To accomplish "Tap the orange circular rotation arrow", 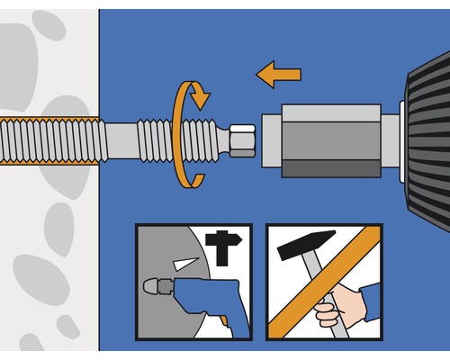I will [177, 135].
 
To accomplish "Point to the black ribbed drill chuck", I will [427, 135].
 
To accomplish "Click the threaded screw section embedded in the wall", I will [45, 139].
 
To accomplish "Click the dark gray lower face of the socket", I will [329, 168].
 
